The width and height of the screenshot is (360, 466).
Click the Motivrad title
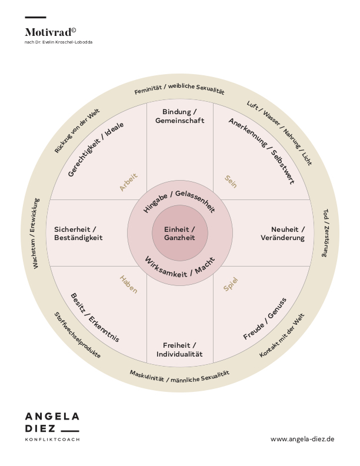[x=50, y=32]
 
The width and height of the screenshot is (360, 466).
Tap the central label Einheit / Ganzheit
[x=179, y=234]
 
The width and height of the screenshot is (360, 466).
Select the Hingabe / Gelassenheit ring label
[x=179, y=199]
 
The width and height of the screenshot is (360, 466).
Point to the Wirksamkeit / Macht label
[x=179, y=268]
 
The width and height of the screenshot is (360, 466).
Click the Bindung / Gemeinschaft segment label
[x=179, y=116]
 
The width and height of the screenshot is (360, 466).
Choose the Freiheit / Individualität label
[x=179, y=350]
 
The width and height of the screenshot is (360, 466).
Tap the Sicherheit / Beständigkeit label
[x=78, y=234]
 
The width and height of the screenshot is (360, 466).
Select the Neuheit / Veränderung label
[x=283, y=234]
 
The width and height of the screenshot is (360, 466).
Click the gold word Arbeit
[x=129, y=182]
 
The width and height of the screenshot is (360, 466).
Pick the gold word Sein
[x=231, y=182]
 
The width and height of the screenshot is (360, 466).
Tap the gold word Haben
[x=128, y=284]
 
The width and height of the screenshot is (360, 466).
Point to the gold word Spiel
[x=231, y=284]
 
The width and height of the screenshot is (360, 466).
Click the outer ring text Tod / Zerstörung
[x=326, y=233]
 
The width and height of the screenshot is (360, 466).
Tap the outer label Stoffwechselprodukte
[x=77, y=335]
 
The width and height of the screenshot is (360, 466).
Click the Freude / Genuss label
[x=265, y=318]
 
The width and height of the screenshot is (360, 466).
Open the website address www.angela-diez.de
[x=302, y=439]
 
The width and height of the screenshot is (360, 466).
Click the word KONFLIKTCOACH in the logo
[x=52, y=440]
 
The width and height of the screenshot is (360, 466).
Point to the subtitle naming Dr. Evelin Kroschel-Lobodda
[x=58, y=42]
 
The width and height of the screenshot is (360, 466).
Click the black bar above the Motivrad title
[x=35, y=17]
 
